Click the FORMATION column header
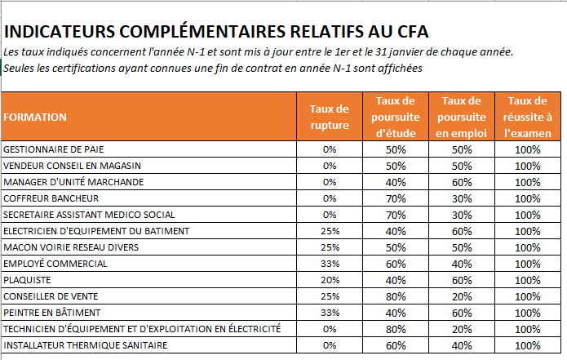(35, 118)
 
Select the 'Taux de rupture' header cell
(330, 117)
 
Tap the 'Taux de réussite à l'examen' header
(528, 117)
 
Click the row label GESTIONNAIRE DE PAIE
(54, 149)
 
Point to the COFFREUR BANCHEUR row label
(51, 198)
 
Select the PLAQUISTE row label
(27, 280)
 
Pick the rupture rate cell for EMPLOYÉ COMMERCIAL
(330, 264)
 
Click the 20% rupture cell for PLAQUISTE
(330, 280)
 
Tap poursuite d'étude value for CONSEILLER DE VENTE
(396, 296)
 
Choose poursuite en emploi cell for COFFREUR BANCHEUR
(462, 198)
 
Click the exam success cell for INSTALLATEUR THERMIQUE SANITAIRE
(528, 345)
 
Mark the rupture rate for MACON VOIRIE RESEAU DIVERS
(330, 247)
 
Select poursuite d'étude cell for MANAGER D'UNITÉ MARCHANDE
(396, 182)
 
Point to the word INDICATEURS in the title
(60, 32)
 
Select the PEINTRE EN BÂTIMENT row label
(52, 313)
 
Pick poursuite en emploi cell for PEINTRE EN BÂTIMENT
(462, 313)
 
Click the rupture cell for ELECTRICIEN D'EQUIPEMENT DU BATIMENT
(330, 231)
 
